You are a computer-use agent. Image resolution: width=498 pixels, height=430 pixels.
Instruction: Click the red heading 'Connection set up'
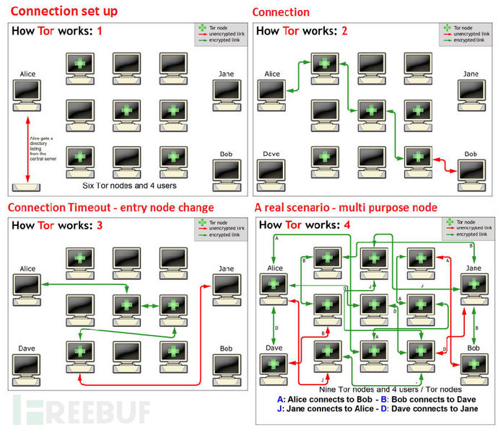[x=64, y=12]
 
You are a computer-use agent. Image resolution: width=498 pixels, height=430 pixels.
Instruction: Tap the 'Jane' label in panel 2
[x=471, y=74]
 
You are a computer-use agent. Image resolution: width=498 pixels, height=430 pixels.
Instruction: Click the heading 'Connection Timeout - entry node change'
[x=111, y=208]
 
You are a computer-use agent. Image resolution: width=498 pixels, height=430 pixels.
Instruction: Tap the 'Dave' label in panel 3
[x=27, y=348]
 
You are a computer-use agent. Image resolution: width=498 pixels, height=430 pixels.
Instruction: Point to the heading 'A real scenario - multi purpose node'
[x=346, y=208]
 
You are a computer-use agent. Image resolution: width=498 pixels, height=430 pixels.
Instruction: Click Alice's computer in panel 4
[x=274, y=286]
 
